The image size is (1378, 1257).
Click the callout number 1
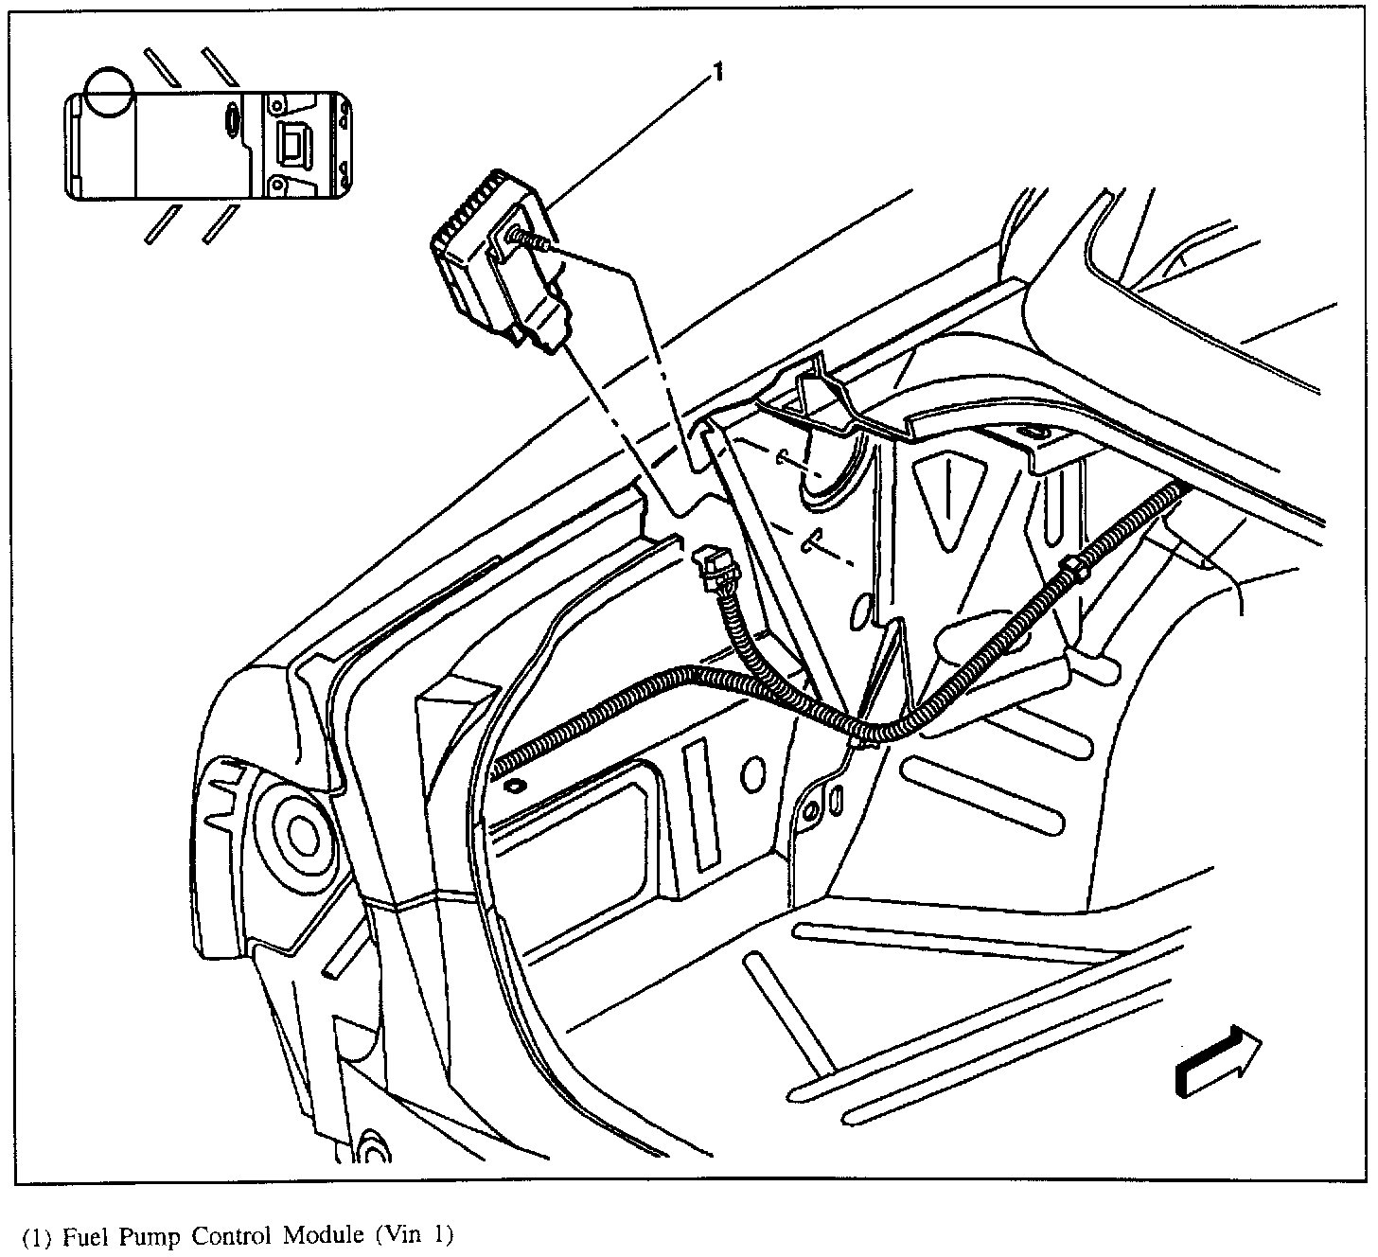tap(718, 72)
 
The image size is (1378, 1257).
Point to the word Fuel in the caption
tap(82, 1235)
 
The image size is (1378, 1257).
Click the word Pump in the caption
tap(148, 1236)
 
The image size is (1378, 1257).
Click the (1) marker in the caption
tap(35, 1236)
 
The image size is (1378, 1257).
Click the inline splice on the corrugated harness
tap(1075, 569)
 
